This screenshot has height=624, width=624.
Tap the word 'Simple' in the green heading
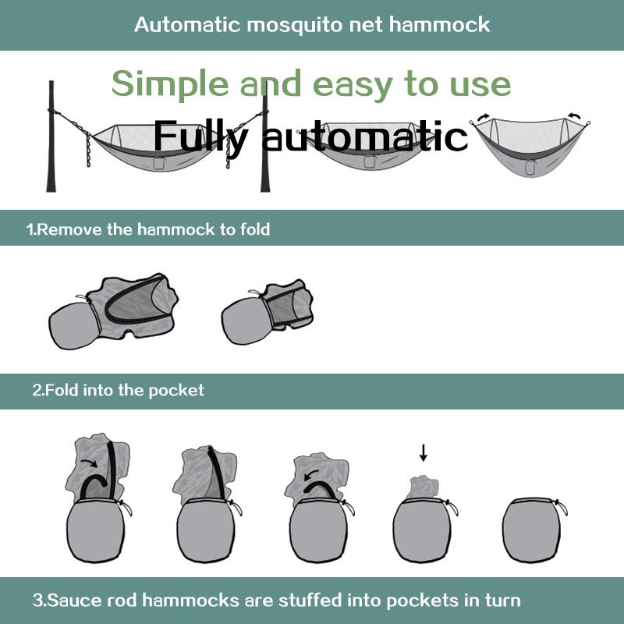[x=170, y=84]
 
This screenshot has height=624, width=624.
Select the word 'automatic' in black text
[x=364, y=136]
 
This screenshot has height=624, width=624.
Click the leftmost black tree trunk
[x=51, y=136]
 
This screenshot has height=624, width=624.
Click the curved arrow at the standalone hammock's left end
[x=483, y=117]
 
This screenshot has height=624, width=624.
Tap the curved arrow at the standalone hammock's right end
[x=573, y=116]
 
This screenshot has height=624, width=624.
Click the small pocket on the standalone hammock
[x=530, y=167]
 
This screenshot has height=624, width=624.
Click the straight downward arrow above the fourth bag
[x=424, y=453]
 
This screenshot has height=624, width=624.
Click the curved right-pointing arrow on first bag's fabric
[x=89, y=463]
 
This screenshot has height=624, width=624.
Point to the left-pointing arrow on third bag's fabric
[x=311, y=474]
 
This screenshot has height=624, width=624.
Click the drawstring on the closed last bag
[x=561, y=508]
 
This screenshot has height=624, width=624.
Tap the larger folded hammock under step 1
[x=113, y=311]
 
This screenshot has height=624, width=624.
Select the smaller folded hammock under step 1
[x=267, y=311]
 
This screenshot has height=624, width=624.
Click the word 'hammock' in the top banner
[x=439, y=25]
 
